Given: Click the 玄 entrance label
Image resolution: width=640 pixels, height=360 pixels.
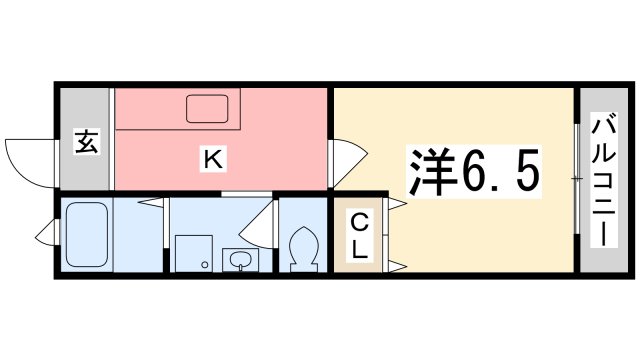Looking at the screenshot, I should (x=86, y=143).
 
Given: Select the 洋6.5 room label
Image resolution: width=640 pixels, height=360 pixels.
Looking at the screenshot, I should (x=473, y=171).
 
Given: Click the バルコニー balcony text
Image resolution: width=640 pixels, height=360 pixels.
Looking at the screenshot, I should (x=603, y=180).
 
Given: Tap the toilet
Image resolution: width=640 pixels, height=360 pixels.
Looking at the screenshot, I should (x=301, y=249).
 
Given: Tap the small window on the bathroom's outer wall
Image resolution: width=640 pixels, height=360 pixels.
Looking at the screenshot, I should (x=46, y=237).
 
